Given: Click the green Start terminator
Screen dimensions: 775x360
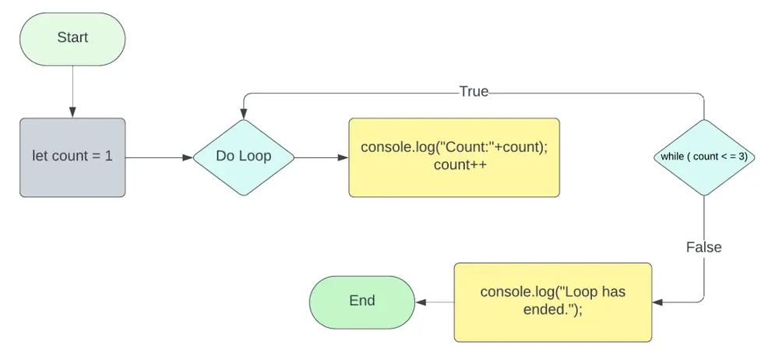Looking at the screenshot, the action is point(72,39).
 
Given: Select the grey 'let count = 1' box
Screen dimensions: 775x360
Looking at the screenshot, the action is point(72,157).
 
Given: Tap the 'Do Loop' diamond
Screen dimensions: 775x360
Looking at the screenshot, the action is point(244,157).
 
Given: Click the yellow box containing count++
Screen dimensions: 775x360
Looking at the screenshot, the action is point(454,157).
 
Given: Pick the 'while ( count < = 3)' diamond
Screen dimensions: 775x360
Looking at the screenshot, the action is point(704,157).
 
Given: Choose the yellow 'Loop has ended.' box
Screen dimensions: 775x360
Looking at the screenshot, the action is point(552,302).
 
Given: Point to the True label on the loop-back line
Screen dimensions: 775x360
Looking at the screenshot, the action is point(474,91).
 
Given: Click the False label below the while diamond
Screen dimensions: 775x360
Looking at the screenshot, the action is point(704,247).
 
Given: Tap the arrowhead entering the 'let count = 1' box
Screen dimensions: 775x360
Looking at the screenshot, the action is point(72,113).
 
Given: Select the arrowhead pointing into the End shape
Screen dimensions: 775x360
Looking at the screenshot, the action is point(421,302).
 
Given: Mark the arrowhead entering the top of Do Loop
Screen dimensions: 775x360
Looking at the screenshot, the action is point(244,115).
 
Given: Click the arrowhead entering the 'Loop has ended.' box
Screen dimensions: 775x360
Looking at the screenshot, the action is point(657,302).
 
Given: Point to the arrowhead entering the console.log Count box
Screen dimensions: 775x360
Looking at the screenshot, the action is point(343,157).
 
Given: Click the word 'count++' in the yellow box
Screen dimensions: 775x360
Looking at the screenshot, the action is point(454,165).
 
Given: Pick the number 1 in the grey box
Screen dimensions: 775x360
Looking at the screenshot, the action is point(109,157).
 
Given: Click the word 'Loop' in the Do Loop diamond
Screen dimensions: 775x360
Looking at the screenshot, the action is point(257,157).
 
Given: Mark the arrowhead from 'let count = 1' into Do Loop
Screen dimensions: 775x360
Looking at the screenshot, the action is point(187,157).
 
